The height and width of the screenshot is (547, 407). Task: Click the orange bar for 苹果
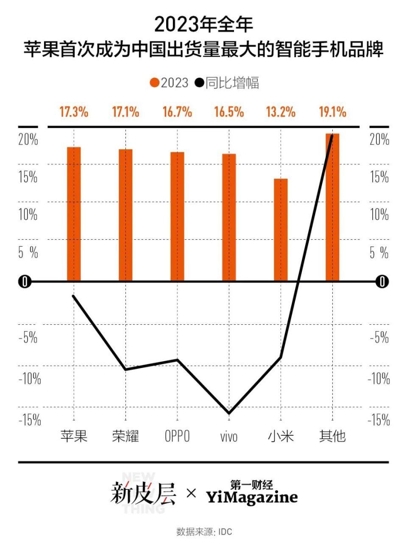click(74, 214)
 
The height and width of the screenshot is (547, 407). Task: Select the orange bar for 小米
click(281, 229)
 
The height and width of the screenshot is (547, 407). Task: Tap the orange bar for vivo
click(229, 217)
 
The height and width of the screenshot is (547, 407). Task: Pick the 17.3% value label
click(74, 112)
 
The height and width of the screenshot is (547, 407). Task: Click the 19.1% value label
click(333, 112)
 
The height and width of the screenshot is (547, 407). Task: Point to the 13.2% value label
click(281, 112)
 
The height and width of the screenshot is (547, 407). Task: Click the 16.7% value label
click(177, 112)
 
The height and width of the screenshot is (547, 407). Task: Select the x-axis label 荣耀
click(125, 436)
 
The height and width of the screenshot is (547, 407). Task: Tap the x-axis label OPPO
click(177, 436)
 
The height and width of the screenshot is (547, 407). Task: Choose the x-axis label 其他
click(333, 436)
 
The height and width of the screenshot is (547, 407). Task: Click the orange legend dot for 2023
click(154, 83)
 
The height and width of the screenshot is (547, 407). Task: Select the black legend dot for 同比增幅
click(199, 83)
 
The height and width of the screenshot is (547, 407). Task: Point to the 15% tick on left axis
click(28, 177)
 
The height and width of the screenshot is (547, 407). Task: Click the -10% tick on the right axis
click(379, 378)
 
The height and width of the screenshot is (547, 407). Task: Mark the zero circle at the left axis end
click(25, 282)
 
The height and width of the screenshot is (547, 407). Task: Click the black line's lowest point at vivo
click(229, 413)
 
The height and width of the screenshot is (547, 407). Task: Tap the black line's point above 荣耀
click(125, 370)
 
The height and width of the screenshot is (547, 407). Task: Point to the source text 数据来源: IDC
click(204, 532)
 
